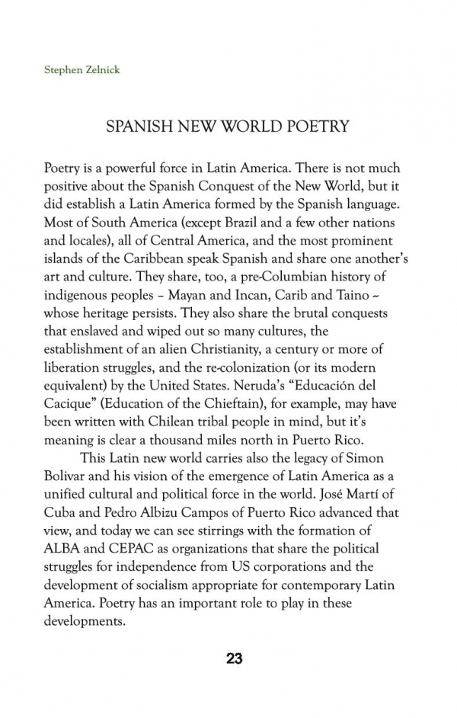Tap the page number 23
(x=234, y=659)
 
